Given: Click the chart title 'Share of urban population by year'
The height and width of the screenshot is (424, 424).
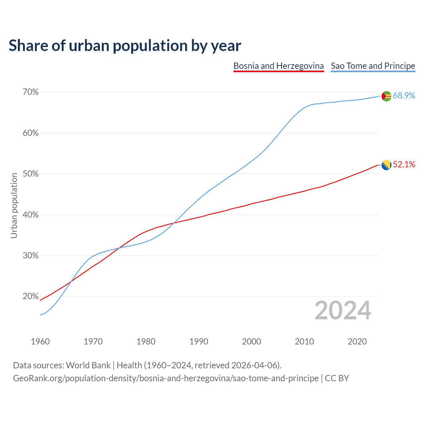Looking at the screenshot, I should pos(125,45).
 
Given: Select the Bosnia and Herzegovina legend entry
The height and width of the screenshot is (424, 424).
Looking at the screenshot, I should pos(279,66).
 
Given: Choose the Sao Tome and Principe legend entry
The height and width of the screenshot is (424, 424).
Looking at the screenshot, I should pos(373,66).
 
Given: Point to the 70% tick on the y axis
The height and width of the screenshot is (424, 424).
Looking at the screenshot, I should pos(30,92).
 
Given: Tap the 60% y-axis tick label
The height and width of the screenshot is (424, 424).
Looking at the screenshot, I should pos(30,133).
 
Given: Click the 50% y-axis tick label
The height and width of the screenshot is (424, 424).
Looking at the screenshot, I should pos(30,174).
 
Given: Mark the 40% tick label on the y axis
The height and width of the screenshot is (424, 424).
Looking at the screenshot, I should pos(30,215).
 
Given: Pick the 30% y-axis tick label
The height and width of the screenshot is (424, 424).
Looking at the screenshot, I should pos(30,256).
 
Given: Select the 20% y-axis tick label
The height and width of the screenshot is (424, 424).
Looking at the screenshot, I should pos(30,296).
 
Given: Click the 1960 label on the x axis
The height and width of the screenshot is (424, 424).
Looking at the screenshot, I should pos(40,342).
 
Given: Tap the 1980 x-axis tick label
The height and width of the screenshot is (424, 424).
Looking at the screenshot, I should pos(146,342).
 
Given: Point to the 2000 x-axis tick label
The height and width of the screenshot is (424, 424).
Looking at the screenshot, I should pos(252,342).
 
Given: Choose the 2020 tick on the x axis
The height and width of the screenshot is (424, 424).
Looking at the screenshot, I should pos(357,342).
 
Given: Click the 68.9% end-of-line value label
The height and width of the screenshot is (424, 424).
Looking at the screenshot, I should pos(404,95).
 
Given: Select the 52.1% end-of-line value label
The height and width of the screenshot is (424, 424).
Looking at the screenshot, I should pos(404,164).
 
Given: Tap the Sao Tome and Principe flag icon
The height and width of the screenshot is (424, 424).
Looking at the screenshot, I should pos(387,96).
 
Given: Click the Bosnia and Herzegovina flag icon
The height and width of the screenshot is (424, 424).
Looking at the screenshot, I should pos(387,165).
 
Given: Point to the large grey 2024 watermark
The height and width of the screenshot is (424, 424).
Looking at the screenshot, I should pos(343,310).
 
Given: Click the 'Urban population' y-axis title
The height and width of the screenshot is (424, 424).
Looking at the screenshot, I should pos(14,205).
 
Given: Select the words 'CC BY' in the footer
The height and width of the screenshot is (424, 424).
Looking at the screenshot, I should pos(337,378).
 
